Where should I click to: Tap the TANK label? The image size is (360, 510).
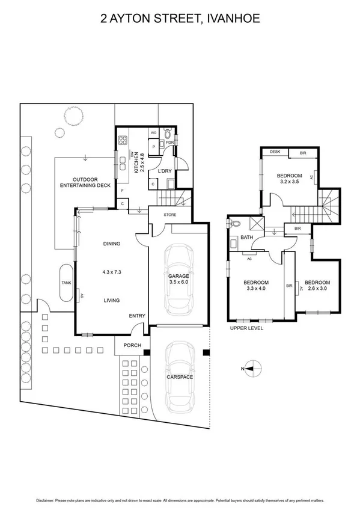coord(66,283)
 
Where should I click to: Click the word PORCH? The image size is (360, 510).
coord(132,345)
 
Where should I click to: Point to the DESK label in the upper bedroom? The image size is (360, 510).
coord(276,152)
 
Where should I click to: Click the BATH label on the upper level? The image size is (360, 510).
coord(246,238)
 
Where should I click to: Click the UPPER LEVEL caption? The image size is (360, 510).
coord(247,328)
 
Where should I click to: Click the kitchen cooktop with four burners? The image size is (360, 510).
coord(123,142)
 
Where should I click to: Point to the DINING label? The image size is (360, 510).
coord(112,244)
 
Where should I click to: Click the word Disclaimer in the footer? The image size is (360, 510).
coord(47,500)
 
